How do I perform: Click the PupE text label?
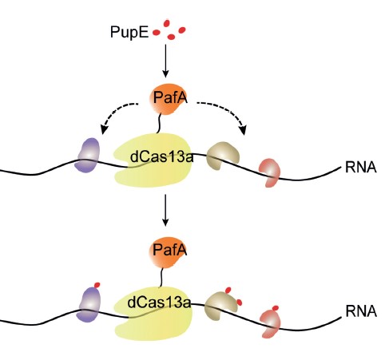[129, 32]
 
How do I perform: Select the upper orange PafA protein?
[169, 99]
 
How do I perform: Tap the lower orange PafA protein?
[168, 251]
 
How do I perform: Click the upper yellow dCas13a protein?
[153, 160]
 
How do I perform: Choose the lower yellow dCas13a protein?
[153, 314]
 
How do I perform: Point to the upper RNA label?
[361, 167]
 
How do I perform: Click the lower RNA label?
[361, 311]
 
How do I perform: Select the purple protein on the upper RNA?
[87, 155]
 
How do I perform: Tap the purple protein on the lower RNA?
[89, 305]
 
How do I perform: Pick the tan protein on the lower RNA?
[221, 306]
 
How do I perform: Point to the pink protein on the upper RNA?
[269, 172]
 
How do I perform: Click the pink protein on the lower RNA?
[270, 323]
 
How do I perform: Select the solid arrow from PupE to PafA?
[165, 61]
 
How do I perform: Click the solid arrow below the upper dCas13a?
[165, 210]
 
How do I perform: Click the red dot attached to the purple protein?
[97, 285]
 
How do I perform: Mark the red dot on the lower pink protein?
[276, 308]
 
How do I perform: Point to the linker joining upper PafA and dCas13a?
[159, 124]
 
